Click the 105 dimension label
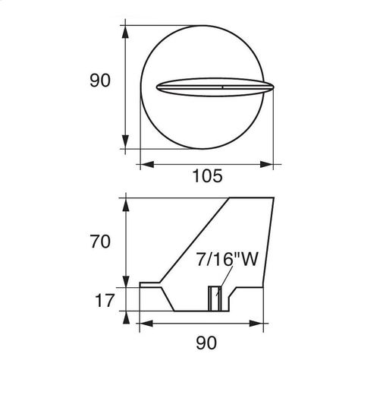[x=207, y=175]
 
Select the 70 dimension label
[x=100, y=242]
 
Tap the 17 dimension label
[x=105, y=301]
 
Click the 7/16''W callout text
[x=227, y=259]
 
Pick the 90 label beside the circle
[x=100, y=81]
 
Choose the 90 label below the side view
[x=206, y=343]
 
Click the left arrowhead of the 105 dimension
[x=147, y=164]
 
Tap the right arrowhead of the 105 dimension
[x=267, y=164]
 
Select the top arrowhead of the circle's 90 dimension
[x=125, y=32]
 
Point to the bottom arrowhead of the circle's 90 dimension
[x=125, y=142]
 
